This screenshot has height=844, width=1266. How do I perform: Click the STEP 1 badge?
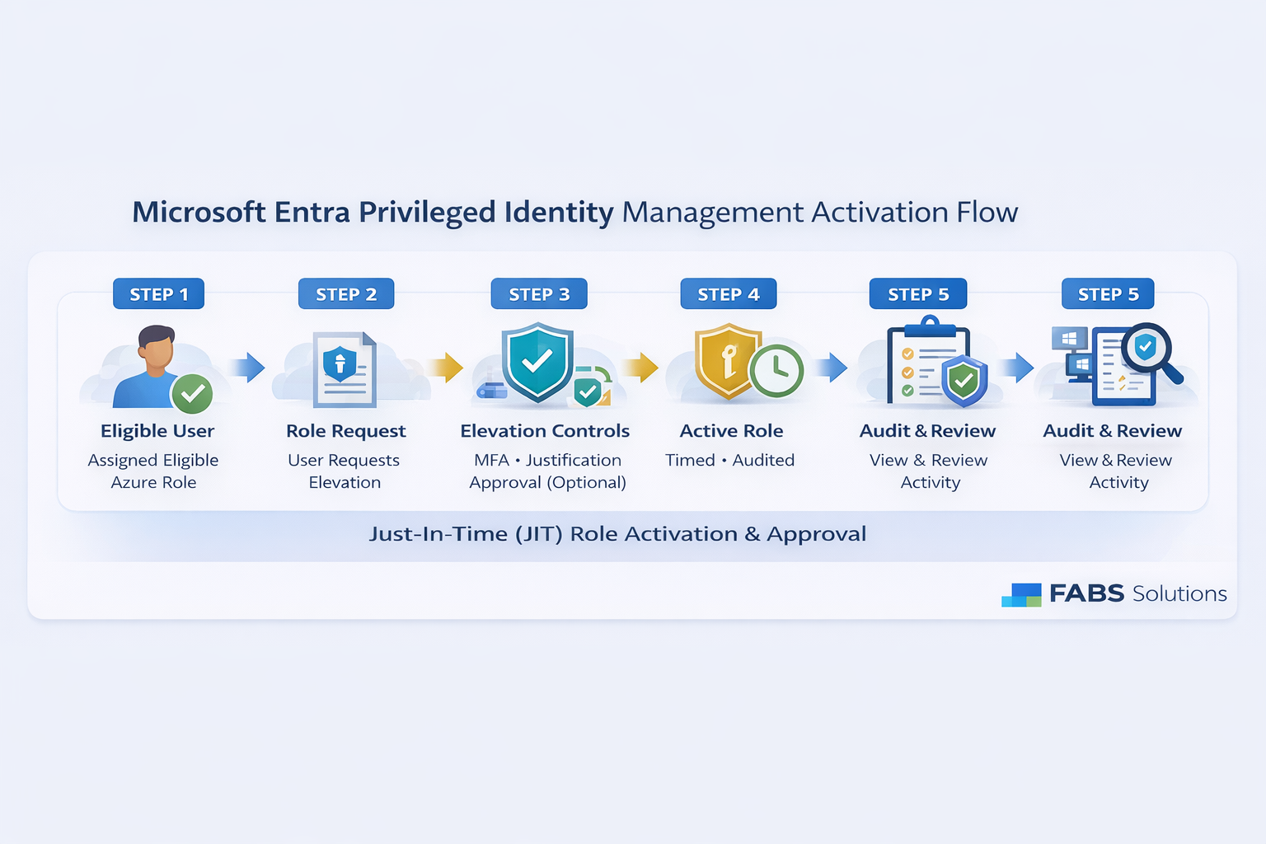click(x=158, y=293)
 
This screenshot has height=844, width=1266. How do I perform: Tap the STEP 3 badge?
click(x=539, y=293)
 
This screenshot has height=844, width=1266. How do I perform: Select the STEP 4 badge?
click(x=729, y=293)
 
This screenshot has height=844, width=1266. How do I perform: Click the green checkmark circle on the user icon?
click(x=192, y=393)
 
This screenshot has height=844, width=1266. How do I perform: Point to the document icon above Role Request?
click(x=345, y=369)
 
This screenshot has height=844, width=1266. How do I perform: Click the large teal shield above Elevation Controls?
click(x=537, y=361)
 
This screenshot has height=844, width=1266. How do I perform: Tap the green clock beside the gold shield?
click(x=777, y=370)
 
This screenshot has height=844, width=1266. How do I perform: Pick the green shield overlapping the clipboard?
click(x=964, y=381)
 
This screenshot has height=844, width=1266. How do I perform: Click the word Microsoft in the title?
click(x=199, y=212)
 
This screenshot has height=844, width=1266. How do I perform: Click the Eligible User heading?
click(x=157, y=431)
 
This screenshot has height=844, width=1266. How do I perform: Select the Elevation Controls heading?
click(x=545, y=431)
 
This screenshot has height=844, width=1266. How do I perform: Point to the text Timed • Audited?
click(x=729, y=460)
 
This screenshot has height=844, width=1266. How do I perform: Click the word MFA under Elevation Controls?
click(x=492, y=460)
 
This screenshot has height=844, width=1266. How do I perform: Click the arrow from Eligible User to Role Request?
click(x=247, y=368)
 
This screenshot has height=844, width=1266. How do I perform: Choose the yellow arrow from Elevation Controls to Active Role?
click(x=640, y=368)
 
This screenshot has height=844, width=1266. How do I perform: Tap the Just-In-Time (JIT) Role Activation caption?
click(x=617, y=534)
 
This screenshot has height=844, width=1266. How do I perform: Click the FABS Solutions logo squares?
click(x=1021, y=595)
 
